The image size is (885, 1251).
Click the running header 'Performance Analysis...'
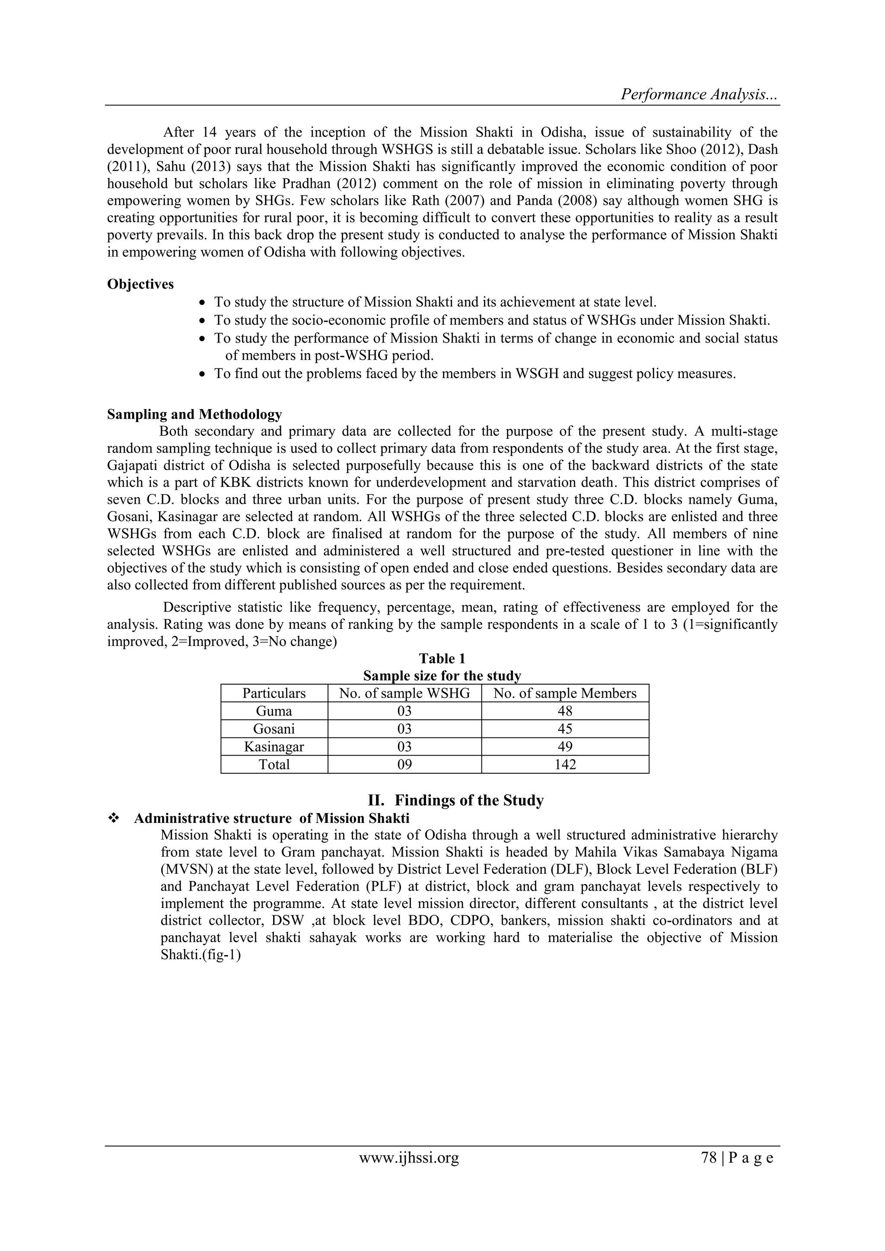700,94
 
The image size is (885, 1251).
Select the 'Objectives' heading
140,284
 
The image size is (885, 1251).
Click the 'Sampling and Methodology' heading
194,414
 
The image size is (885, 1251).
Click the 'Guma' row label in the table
274,711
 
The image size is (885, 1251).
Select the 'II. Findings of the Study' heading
455,800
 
